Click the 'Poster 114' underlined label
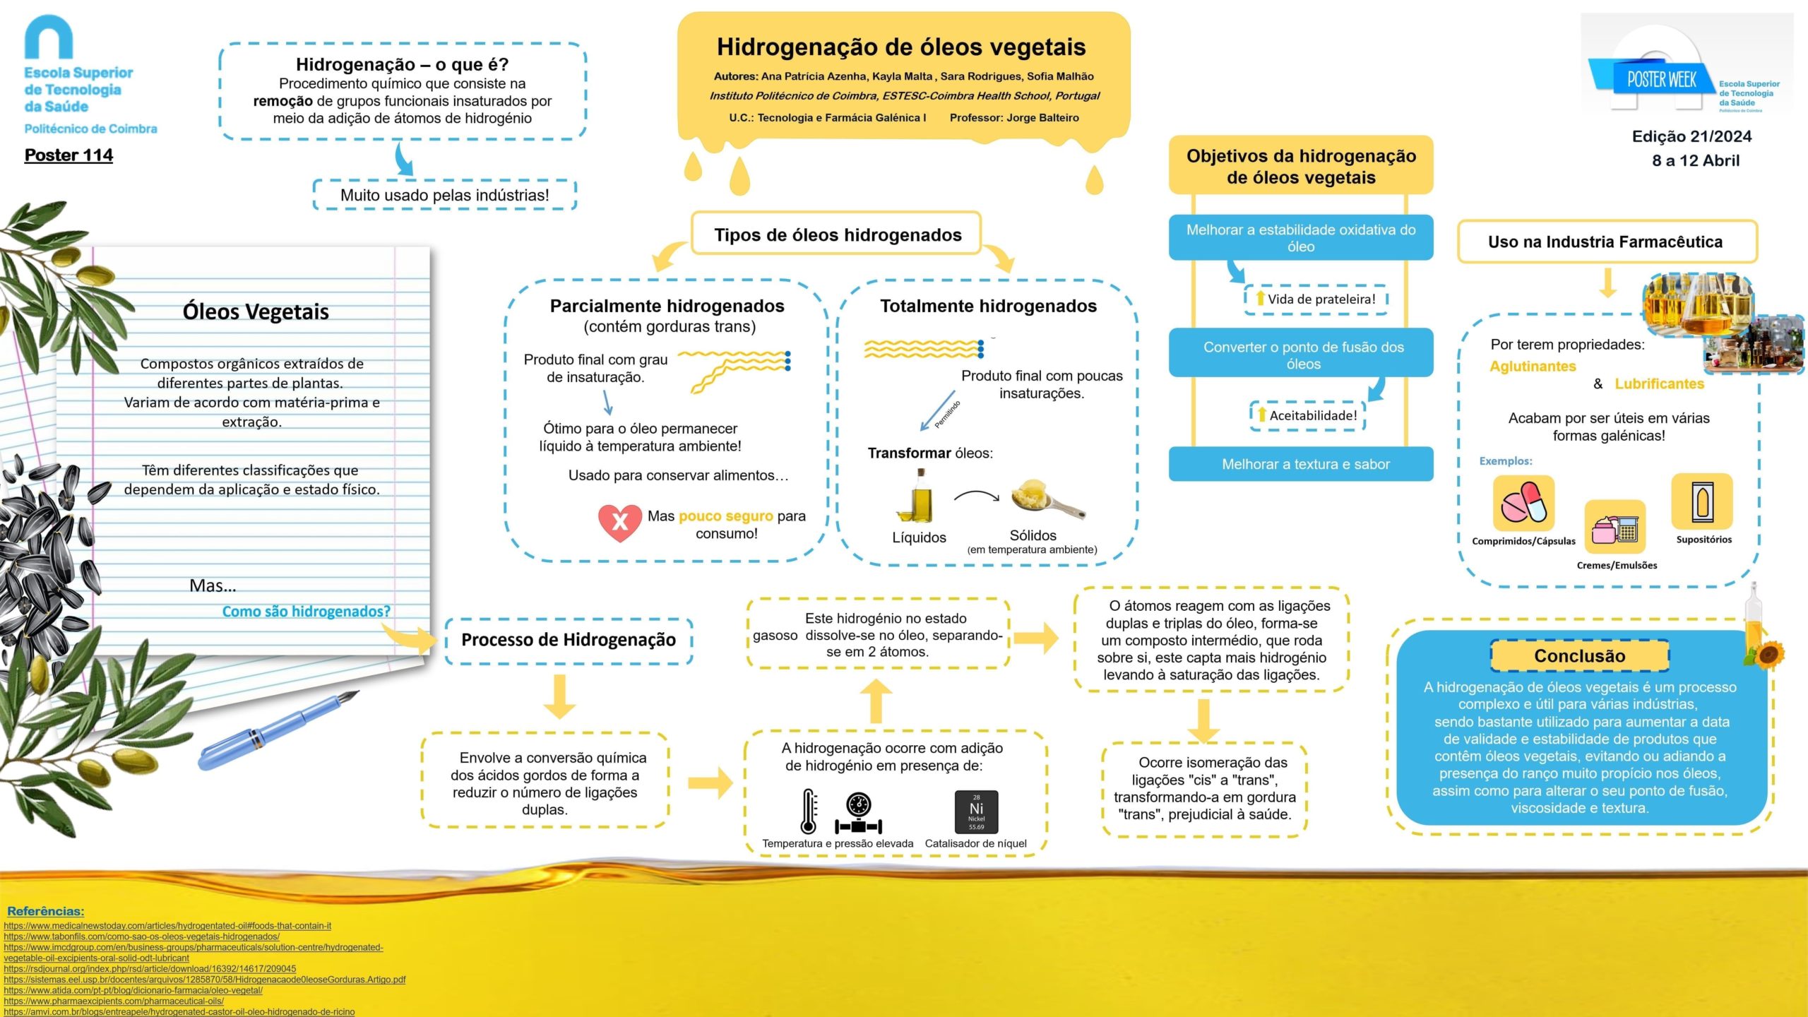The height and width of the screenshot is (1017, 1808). click(x=69, y=155)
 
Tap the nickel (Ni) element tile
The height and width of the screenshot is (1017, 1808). click(x=976, y=811)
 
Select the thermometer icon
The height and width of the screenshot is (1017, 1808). click(x=809, y=811)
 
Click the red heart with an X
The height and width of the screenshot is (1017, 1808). click(x=619, y=522)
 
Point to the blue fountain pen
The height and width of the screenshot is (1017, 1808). click(x=279, y=730)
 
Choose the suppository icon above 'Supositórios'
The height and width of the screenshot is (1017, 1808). click(x=1702, y=502)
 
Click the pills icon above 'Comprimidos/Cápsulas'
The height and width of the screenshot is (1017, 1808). click(x=1523, y=503)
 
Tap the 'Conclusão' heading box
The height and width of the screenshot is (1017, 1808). click(x=1580, y=656)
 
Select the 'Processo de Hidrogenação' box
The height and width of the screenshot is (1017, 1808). click(x=569, y=641)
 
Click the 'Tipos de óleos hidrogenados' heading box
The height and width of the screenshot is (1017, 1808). click(x=837, y=234)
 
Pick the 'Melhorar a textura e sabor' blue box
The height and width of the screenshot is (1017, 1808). click(x=1301, y=464)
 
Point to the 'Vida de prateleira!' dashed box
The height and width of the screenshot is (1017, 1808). click(x=1316, y=299)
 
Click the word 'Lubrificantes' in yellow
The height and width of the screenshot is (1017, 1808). click(x=1659, y=384)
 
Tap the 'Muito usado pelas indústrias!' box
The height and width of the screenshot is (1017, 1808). click(x=445, y=196)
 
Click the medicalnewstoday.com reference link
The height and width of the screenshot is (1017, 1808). click(x=167, y=926)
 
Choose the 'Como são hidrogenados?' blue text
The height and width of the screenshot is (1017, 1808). click(x=306, y=612)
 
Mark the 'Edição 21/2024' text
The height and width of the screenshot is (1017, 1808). click(x=1691, y=136)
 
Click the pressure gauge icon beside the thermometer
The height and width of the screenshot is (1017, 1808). click(x=858, y=813)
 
